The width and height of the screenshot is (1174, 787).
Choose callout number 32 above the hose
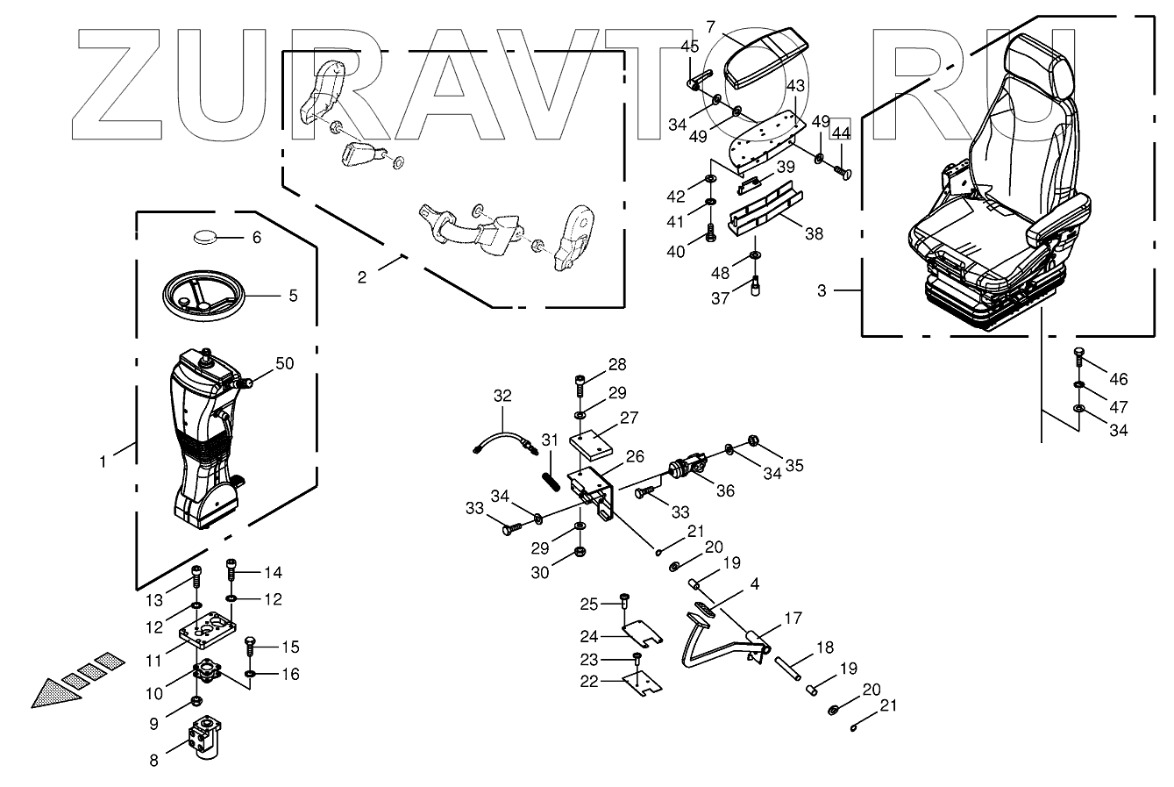pos(502,396)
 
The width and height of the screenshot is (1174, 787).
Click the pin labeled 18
pos(793,669)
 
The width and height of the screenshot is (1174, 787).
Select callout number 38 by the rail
pos(814,234)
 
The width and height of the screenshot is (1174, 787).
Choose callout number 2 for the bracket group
pos(362,277)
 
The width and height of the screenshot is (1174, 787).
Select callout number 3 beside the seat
pos(822,290)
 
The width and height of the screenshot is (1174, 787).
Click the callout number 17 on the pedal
pos(793,618)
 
